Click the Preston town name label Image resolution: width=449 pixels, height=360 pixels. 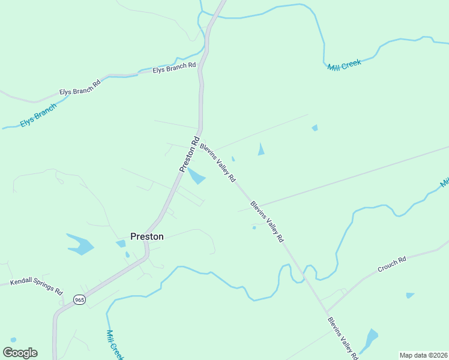147,236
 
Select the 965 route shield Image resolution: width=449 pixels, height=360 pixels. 79,299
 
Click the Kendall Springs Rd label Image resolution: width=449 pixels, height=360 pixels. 37,286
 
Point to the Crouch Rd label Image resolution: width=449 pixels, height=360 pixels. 392,265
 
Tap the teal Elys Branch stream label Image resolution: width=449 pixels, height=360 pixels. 38,115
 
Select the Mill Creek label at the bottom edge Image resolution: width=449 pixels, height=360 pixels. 115,344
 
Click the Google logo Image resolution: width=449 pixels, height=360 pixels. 20,353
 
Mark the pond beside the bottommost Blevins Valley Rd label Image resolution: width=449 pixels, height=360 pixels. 370,340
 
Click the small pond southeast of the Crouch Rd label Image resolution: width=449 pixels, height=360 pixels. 410,295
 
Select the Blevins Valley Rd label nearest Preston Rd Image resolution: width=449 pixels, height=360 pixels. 218,163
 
